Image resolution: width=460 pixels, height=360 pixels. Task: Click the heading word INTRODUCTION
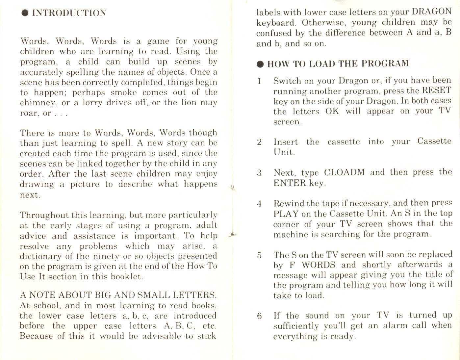(x=69, y=13)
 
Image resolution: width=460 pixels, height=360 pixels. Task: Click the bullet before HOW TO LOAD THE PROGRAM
(x=261, y=64)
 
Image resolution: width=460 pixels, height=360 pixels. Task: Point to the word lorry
(x=90, y=103)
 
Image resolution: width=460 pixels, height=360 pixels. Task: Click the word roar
(x=29, y=113)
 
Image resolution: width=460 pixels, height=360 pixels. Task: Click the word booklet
(x=126, y=276)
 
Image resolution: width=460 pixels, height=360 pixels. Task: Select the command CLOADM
(x=344, y=172)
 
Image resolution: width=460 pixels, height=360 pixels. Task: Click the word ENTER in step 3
(x=289, y=183)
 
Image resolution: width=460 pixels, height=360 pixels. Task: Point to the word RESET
(x=436, y=90)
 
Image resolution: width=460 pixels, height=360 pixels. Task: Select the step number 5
(x=260, y=255)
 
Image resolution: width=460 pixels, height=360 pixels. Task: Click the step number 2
(x=260, y=142)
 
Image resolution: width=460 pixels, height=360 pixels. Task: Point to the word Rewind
(x=289, y=203)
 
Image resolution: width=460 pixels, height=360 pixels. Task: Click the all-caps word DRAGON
(x=432, y=12)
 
